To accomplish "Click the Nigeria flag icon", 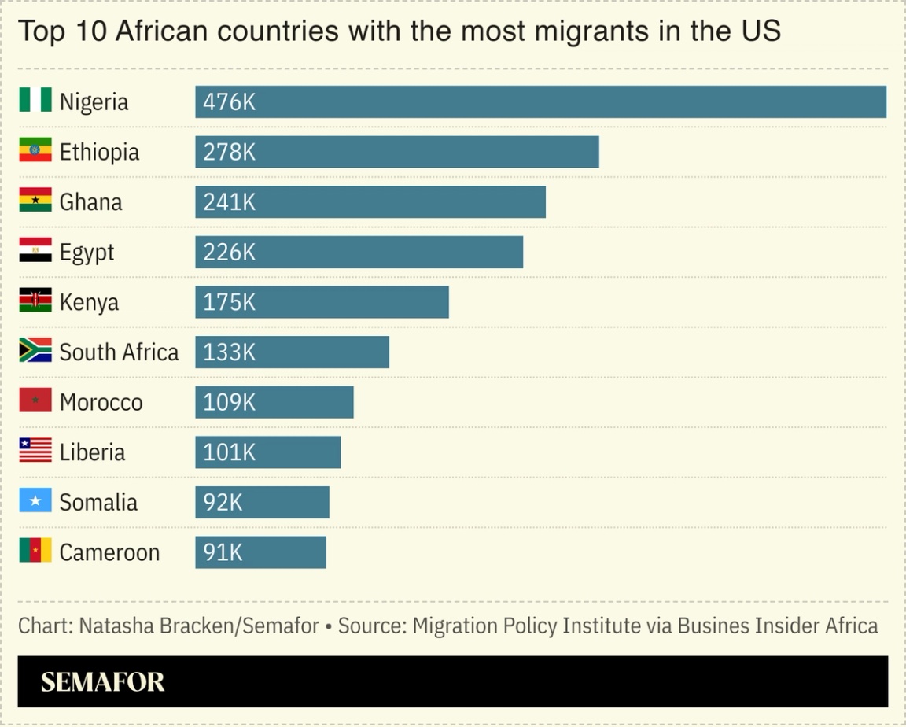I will (35, 100).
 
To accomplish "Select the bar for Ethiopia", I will (397, 152).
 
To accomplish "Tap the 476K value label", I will (229, 102).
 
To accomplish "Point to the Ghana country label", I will (91, 202).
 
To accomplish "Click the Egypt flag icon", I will (35, 250).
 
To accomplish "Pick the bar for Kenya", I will (322, 302).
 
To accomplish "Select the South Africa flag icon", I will (35, 350).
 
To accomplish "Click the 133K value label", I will (229, 352).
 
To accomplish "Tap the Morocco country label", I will (101, 402).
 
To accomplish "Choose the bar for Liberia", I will (267, 452).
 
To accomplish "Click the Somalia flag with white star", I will (35, 500).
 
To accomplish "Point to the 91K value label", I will (223, 552).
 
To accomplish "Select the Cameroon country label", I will (109, 552).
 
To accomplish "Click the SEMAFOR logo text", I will (103, 682).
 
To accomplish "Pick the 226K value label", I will (229, 253).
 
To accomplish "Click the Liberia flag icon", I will (35, 450).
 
